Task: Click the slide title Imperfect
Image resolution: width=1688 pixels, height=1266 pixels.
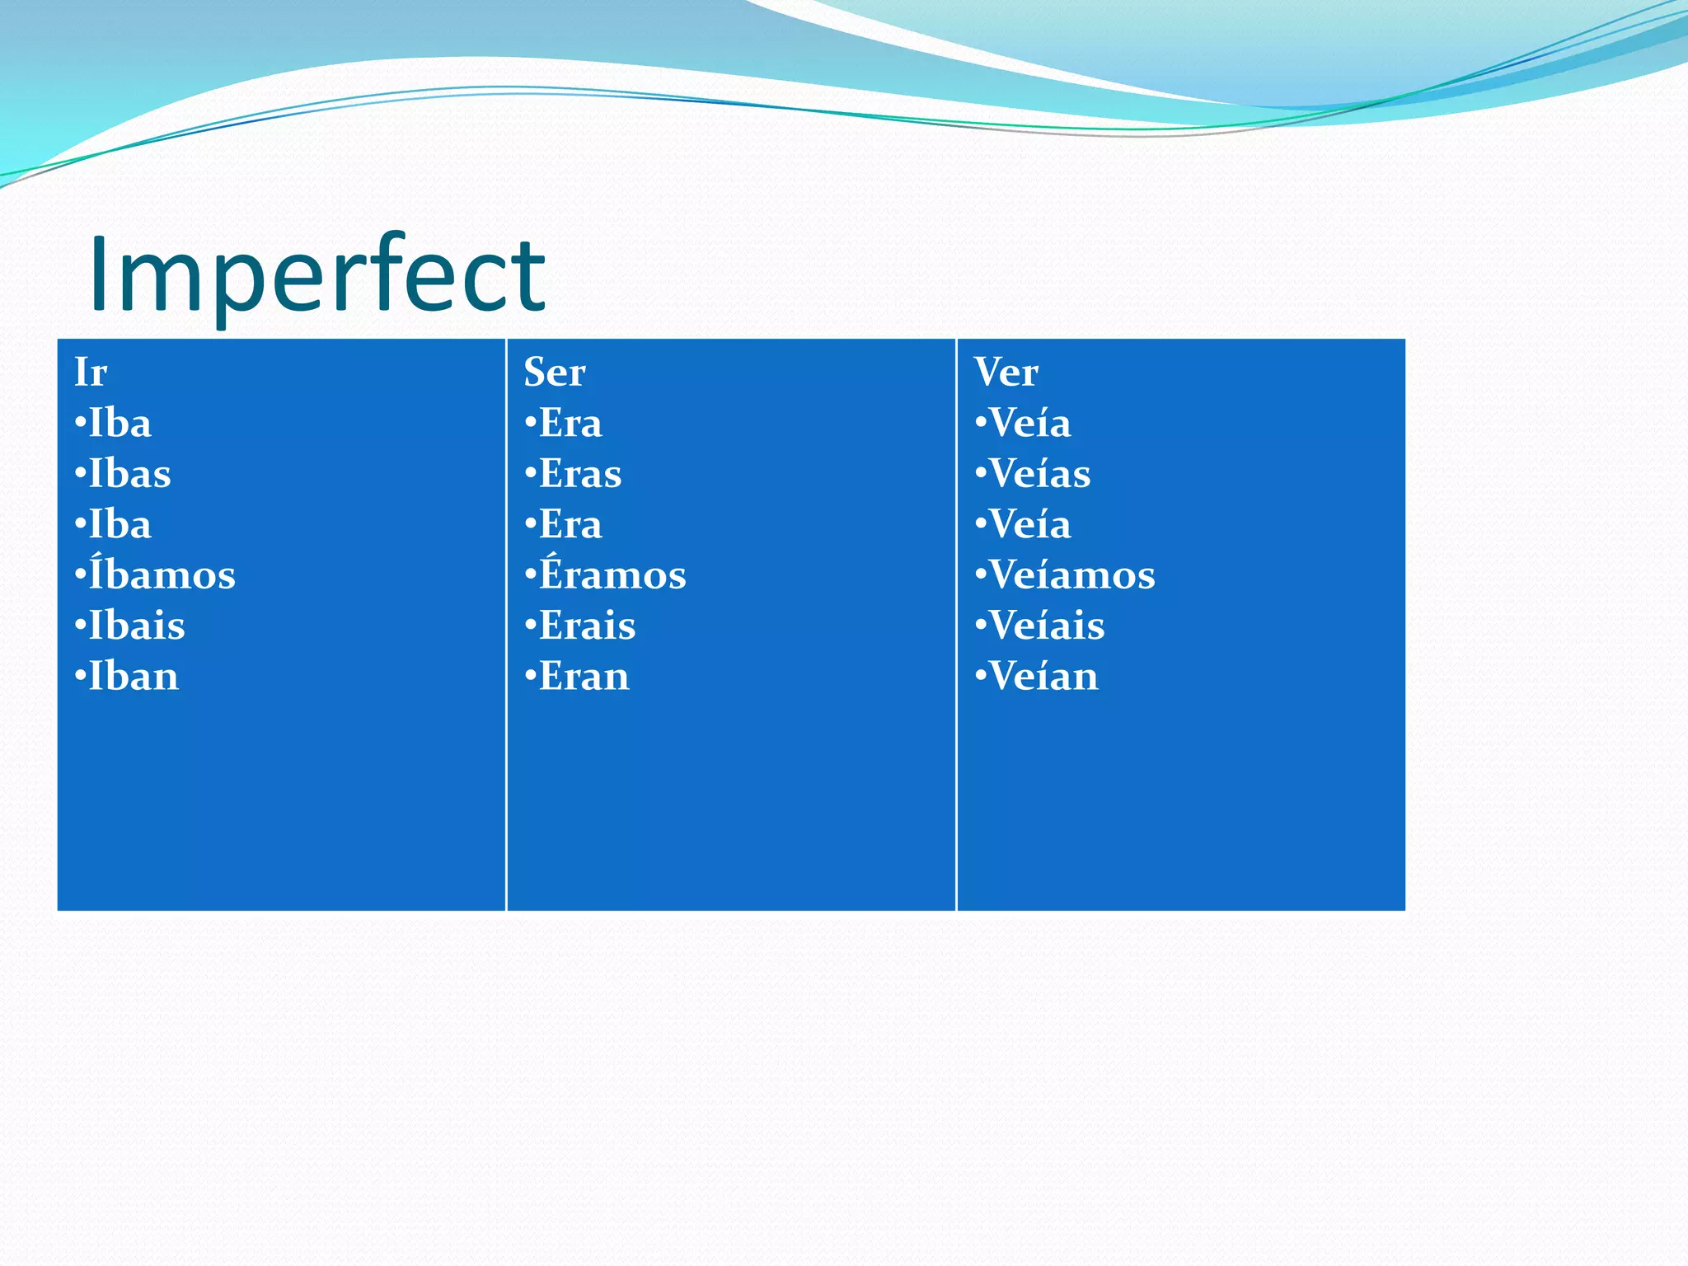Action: tap(316, 274)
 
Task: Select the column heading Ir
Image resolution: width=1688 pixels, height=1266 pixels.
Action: tap(91, 372)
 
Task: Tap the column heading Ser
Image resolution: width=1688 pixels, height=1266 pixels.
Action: tap(555, 372)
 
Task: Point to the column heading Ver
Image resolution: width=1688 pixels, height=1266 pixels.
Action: tap(1006, 372)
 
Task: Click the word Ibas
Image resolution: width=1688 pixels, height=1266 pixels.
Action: tap(129, 474)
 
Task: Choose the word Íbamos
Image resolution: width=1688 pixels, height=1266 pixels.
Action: tap(162, 574)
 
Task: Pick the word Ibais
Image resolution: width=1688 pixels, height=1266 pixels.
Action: tap(136, 626)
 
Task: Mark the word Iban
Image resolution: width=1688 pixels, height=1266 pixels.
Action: tap(133, 677)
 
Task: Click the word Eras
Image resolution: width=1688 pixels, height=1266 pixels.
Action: tap(580, 474)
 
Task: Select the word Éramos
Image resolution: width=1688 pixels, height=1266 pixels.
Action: tap(612, 574)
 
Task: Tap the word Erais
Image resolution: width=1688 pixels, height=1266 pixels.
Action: tap(587, 626)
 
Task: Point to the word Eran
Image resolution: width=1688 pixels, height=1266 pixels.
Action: tap(584, 677)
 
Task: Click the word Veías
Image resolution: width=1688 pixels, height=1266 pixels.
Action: tap(1039, 474)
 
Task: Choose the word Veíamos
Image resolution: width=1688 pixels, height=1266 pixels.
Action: tap(1071, 574)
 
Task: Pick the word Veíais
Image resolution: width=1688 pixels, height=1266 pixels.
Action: tap(1047, 626)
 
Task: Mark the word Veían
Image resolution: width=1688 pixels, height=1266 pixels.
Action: tap(1043, 677)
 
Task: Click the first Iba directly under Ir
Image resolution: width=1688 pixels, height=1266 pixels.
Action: tap(120, 424)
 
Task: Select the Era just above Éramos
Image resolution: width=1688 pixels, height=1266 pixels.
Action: tap(570, 525)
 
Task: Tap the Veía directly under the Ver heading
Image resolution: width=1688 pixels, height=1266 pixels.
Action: tap(1029, 424)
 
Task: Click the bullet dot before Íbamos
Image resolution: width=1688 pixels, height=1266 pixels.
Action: tap(80, 575)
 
